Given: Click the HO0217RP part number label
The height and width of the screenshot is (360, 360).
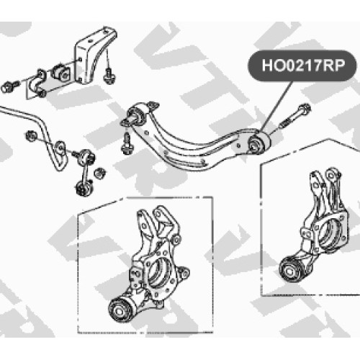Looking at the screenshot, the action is [x=303, y=66].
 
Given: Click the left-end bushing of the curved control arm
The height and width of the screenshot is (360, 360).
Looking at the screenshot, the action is [x=135, y=116].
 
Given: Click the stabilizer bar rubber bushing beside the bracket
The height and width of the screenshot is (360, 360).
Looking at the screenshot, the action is [x=60, y=71].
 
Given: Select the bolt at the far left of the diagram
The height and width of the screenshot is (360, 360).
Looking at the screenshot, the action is [x=9, y=86].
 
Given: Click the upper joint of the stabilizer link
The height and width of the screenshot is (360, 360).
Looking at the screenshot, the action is [x=87, y=156].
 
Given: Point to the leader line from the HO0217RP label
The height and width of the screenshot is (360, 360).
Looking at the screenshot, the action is [x=277, y=106].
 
